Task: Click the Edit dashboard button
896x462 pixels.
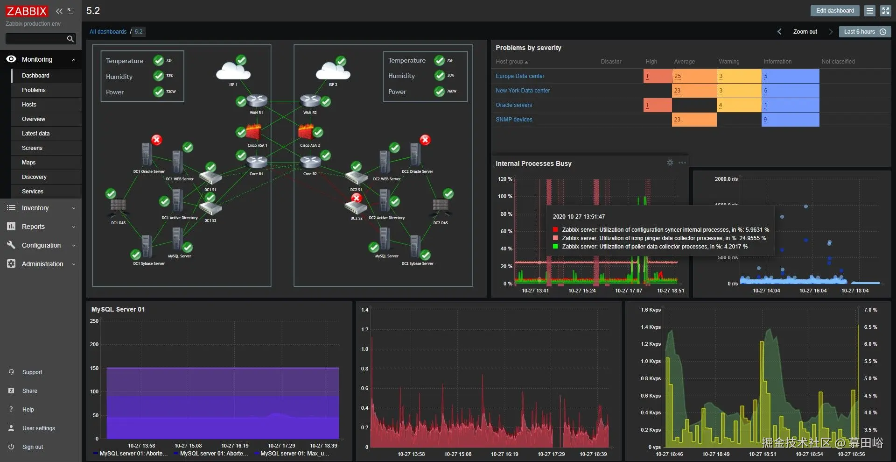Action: [x=835, y=11]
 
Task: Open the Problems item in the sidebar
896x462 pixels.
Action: [x=34, y=90]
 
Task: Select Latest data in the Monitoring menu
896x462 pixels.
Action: [x=35, y=134]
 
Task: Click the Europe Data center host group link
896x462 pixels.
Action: [x=520, y=76]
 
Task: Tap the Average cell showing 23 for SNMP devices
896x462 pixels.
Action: [x=694, y=120]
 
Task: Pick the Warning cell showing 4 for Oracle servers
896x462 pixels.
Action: [x=739, y=105]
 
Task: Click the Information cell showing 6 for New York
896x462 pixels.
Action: [x=790, y=91]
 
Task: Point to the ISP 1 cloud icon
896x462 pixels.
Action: [x=233, y=71]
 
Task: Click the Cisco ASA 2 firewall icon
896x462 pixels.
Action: [x=306, y=132]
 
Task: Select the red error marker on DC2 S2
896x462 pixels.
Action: [x=357, y=198]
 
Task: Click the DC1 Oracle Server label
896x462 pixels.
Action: [x=149, y=171]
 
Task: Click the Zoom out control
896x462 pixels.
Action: [x=805, y=32]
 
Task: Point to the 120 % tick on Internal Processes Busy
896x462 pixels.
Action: [x=505, y=179]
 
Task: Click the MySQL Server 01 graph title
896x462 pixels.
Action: [x=118, y=309]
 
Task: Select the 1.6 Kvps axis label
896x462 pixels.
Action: [x=651, y=310]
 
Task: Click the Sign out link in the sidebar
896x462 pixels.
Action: [x=32, y=447]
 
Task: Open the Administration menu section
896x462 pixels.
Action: [x=42, y=264]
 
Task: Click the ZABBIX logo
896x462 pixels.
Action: [x=27, y=11]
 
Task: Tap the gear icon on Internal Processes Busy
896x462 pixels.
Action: [x=670, y=163]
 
